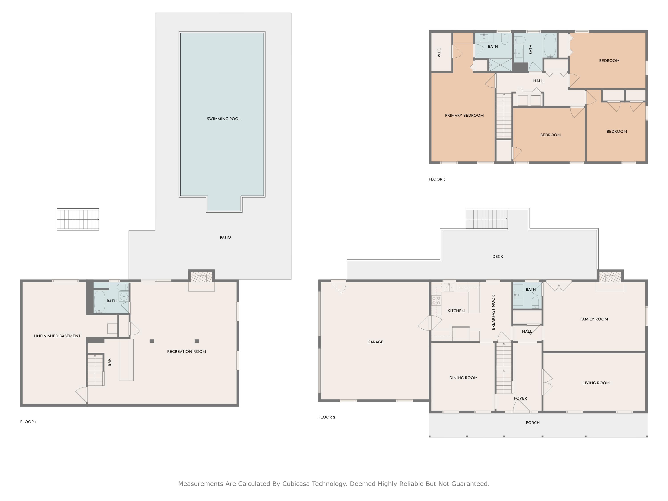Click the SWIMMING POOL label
coord(224,119)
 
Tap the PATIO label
coord(225,237)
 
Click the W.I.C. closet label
coord(439,53)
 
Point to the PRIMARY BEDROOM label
coord(464,115)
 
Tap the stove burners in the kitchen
coord(436,300)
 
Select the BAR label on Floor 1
coord(109,362)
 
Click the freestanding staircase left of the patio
coord(78,219)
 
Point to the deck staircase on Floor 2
coord(487,219)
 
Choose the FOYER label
coord(520,398)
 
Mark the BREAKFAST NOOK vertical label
coord(493,312)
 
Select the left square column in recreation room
coord(152,341)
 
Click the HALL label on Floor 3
coord(538,81)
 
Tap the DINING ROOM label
coord(463,378)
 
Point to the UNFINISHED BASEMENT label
coord(57,336)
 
